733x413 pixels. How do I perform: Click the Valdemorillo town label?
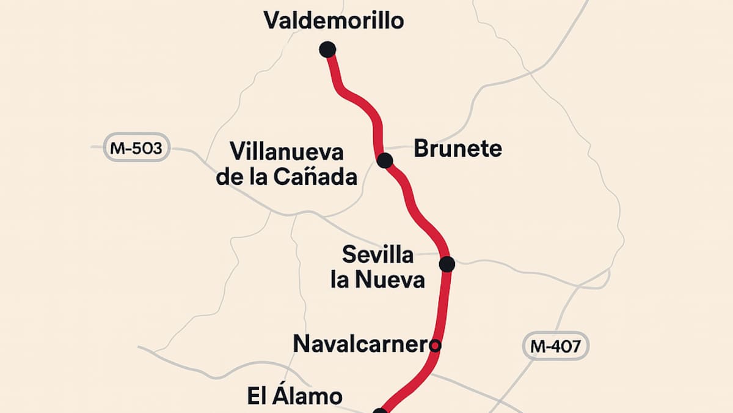click(x=334, y=20)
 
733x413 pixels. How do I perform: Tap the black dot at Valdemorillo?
click(x=327, y=49)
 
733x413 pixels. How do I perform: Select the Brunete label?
click(x=458, y=149)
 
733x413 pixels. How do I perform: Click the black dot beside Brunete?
click(x=384, y=161)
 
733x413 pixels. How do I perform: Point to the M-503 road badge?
click(x=136, y=147)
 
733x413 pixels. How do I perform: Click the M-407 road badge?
click(x=555, y=346)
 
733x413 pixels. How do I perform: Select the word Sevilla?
click(x=377, y=254)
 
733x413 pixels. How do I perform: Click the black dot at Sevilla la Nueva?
click(x=447, y=264)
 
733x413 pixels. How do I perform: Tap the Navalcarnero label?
click(x=366, y=344)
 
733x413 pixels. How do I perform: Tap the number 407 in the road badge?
click(x=565, y=346)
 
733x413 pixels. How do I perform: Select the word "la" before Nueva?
click(x=340, y=280)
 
